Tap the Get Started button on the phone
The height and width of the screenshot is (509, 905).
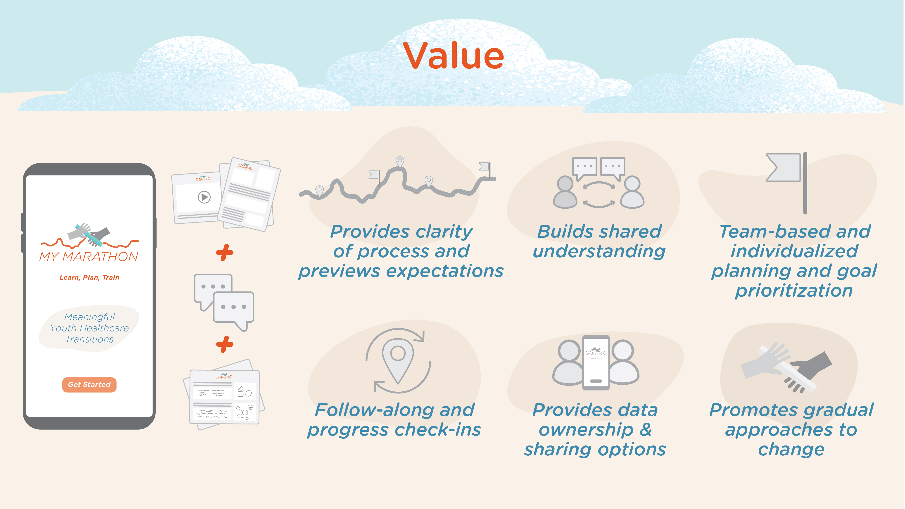pos(89,385)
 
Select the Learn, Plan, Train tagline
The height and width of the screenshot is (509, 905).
pos(89,277)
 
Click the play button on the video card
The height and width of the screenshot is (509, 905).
pos(204,197)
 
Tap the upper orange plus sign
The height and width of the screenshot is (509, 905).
pos(225,253)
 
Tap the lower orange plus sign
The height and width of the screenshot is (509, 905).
pos(225,344)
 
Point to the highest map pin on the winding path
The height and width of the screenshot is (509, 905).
pos(400,162)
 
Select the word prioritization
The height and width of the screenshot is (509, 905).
pos(794,291)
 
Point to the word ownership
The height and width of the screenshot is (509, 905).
pos(586,430)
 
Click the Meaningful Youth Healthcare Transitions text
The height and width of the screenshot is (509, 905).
pos(89,328)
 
